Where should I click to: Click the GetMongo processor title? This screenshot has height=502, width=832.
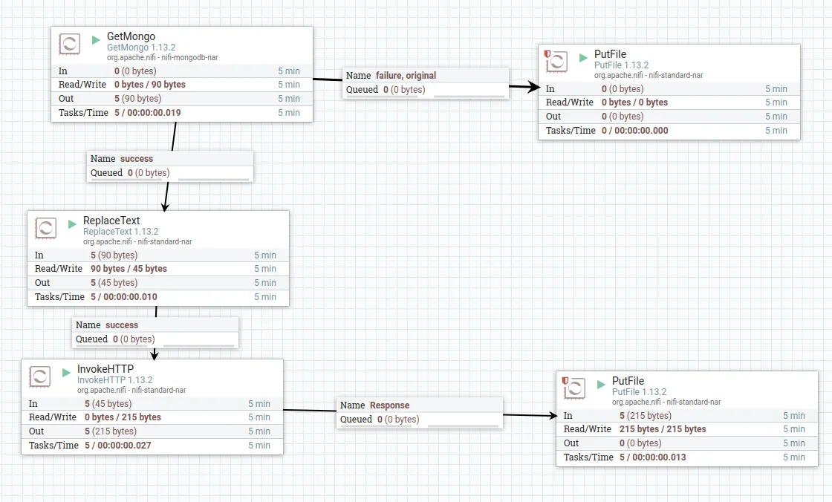(x=131, y=36)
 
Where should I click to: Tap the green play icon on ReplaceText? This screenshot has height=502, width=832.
(x=72, y=224)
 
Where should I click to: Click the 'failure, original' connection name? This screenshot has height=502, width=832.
(x=405, y=75)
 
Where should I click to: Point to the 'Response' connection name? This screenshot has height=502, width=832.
(x=389, y=405)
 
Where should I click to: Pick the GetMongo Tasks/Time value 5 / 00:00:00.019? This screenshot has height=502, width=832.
(x=147, y=113)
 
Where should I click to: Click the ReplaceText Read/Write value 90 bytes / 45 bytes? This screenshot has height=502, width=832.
(x=129, y=269)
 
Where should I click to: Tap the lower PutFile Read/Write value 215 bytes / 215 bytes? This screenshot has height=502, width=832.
(x=663, y=429)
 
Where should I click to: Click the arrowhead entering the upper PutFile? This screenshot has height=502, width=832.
(x=533, y=88)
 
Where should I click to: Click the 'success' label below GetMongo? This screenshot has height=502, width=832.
(x=136, y=158)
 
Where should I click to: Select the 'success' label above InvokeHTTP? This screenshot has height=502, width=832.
(x=121, y=325)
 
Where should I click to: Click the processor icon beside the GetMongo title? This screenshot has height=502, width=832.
(x=70, y=44)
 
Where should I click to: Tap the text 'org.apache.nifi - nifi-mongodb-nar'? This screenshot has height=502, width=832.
(x=162, y=57)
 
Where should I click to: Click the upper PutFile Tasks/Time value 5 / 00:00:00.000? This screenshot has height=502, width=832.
(x=634, y=131)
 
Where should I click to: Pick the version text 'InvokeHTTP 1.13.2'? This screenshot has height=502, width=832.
(x=114, y=379)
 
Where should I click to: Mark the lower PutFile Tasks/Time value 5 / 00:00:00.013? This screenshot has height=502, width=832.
(x=652, y=457)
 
